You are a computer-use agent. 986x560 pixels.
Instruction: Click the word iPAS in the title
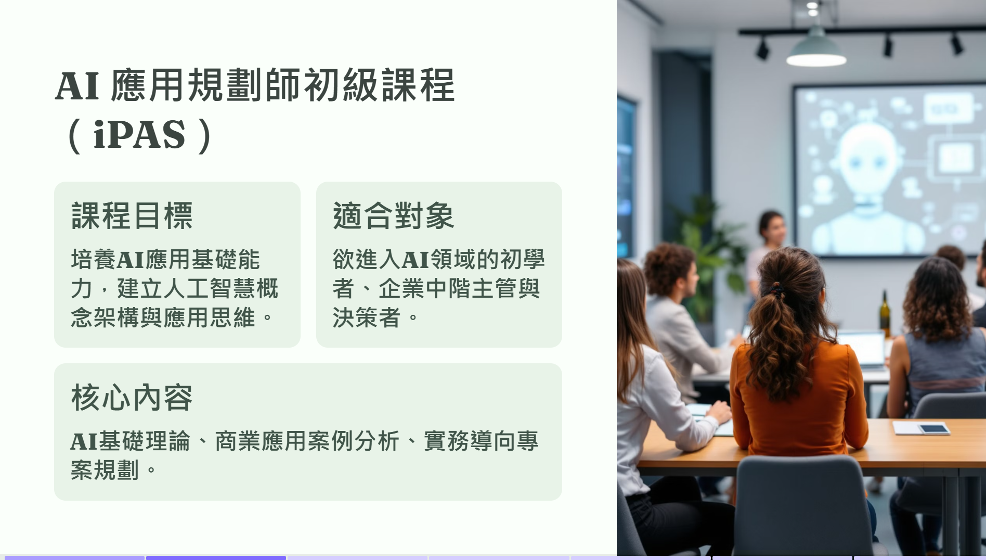139,134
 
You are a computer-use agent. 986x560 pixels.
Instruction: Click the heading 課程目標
132,215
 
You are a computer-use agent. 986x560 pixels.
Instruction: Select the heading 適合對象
394,215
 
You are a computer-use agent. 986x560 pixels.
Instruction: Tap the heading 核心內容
132,398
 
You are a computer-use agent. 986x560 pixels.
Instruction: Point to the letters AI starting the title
77,86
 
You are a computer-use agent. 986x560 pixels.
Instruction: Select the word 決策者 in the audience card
367,317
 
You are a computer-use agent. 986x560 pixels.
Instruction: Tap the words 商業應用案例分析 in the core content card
307,441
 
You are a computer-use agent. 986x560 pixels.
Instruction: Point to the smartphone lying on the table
933,429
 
